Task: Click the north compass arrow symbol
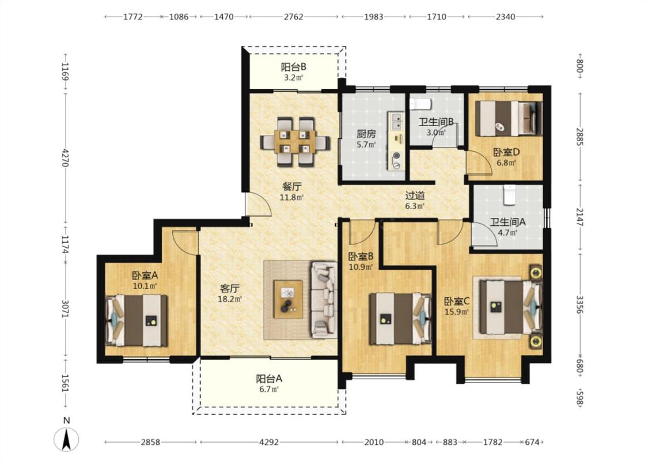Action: [66, 439]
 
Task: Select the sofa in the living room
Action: [324, 299]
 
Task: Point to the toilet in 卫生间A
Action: [509, 195]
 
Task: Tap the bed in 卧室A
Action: [137, 320]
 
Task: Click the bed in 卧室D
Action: [508, 119]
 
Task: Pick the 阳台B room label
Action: [293, 67]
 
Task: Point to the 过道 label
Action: [415, 195]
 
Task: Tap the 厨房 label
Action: [366, 134]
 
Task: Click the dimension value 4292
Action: [268, 442]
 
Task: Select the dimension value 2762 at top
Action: [293, 17]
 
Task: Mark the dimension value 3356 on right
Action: [579, 304]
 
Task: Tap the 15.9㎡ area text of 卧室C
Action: [457, 312]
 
